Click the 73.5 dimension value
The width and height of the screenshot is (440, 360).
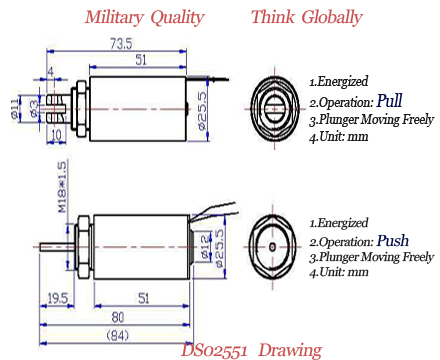click(x=121, y=44)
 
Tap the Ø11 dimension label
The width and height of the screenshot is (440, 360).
click(x=15, y=109)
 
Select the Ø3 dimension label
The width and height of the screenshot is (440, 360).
click(x=34, y=109)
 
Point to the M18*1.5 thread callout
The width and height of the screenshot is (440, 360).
click(x=62, y=187)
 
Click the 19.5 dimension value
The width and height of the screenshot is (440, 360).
click(x=58, y=298)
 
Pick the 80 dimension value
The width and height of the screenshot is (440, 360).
click(x=118, y=317)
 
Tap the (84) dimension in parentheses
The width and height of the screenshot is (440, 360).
click(x=118, y=335)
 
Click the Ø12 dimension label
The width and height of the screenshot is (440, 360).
click(x=206, y=246)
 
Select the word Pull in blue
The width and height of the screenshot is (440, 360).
click(x=389, y=101)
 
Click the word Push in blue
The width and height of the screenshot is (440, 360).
click(x=393, y=240)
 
